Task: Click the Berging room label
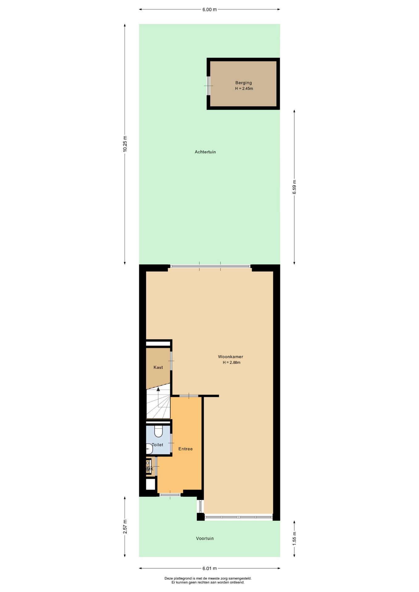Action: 243,83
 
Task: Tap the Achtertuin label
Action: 205,152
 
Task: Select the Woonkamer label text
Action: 230,357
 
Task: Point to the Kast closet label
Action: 158,367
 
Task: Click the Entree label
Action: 185,449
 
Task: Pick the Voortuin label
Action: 205,538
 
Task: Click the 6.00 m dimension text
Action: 209,10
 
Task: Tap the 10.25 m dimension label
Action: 125,144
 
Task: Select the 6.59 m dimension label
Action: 294,187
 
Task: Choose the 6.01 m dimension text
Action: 209,568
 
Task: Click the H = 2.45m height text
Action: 244,88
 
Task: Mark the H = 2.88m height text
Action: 231,363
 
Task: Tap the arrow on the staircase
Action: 158,389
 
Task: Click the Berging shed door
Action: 209,86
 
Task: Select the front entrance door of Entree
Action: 170,495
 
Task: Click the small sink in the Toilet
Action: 149,449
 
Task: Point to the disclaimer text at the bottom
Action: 208,580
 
